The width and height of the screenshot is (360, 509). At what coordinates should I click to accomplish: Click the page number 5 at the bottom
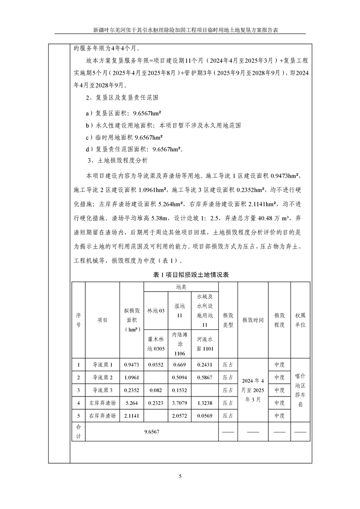(x=180, y=476)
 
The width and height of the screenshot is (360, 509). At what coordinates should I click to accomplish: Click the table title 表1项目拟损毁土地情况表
(x=190, y=275)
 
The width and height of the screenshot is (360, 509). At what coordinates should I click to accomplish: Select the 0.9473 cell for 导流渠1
(x=131, y=364)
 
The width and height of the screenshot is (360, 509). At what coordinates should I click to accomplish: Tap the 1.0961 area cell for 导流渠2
(x=131, y=377)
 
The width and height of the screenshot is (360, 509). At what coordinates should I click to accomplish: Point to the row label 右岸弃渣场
(x=102, y=415)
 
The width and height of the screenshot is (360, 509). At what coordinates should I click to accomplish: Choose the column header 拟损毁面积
(x=131, y=319)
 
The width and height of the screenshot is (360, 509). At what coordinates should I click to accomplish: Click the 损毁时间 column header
(x=252, y=319)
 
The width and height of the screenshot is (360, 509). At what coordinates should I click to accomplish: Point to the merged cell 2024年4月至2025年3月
(x=252, y=390)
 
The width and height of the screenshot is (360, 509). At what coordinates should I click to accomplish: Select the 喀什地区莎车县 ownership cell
(x=300, y=390)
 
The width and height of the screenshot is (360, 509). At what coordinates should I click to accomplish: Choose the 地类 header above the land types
(x=181, y=287)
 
